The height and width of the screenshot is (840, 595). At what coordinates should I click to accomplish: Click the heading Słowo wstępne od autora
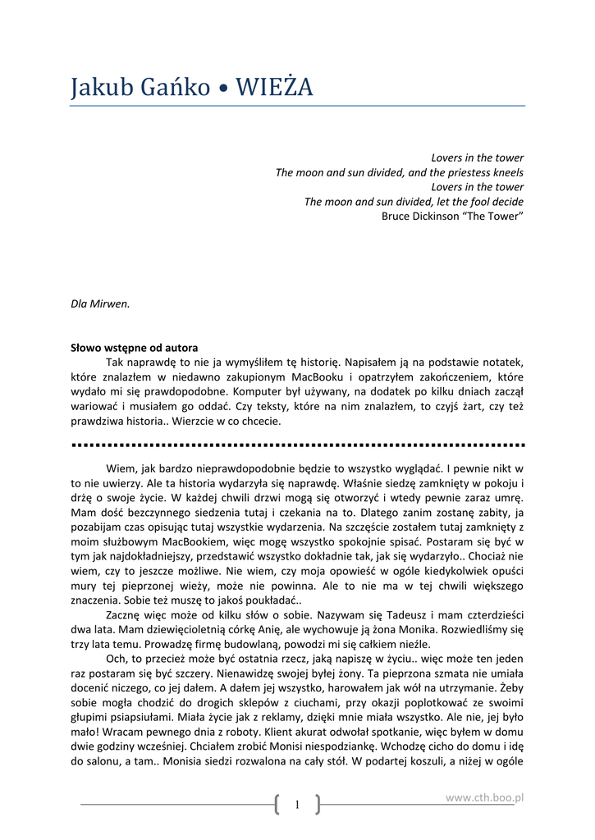point(135,348)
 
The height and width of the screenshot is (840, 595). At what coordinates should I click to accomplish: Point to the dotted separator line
point(298,445)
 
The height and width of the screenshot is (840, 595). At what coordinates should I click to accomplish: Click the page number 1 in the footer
point(296,806)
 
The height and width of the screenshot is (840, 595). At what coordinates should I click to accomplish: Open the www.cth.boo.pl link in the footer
point(484,797)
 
